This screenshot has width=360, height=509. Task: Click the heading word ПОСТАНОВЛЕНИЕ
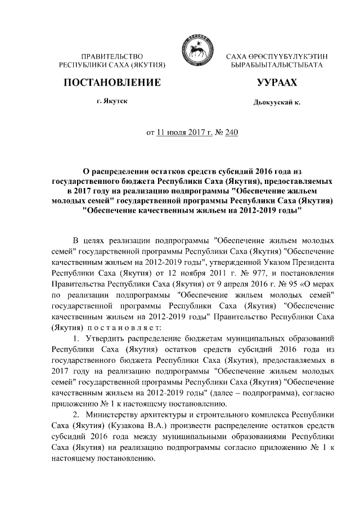coord(110,83)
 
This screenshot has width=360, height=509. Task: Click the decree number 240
coord(232,133)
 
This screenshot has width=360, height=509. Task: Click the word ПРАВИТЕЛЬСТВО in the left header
coord(112,56)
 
